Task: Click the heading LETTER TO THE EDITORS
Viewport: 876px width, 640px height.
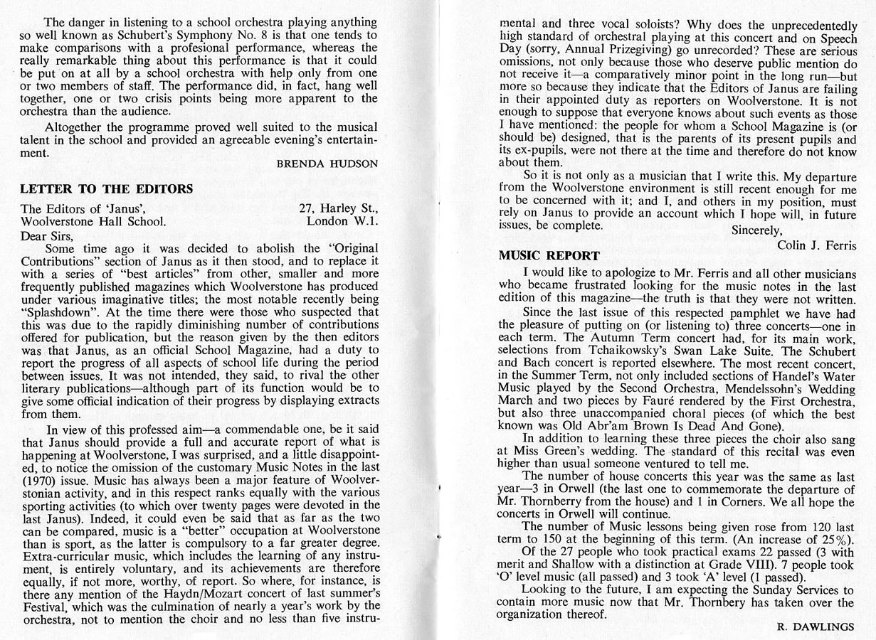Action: [x=107, y=188]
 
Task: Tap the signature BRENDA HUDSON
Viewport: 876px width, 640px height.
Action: [x=327, y=164]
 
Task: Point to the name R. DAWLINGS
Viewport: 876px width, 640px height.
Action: [x=816, y=626]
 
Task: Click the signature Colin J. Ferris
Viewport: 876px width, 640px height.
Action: [x=816, y=245]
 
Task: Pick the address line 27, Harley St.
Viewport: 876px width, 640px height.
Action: [x=339, y=208]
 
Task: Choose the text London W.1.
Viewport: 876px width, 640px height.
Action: [x=342, y=220]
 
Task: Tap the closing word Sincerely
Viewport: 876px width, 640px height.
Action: [x=757, y=230]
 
